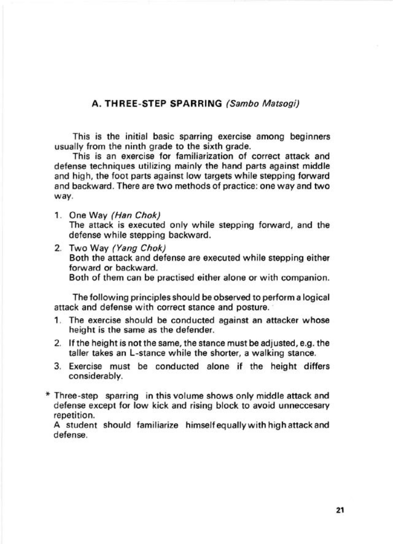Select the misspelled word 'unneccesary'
coord(306,406)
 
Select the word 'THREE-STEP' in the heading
coord(133,104)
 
